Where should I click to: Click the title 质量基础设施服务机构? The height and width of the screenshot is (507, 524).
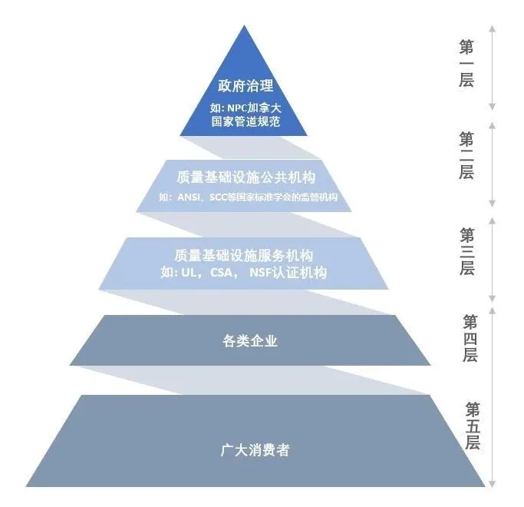click(244, 254)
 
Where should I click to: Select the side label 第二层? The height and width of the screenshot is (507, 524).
click(466, 154)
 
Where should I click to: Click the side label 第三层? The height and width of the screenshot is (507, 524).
click(466, 250)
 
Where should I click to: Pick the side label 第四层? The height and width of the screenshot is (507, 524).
click(470, 338)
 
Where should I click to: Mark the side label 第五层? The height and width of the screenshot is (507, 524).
click(471, 426)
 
